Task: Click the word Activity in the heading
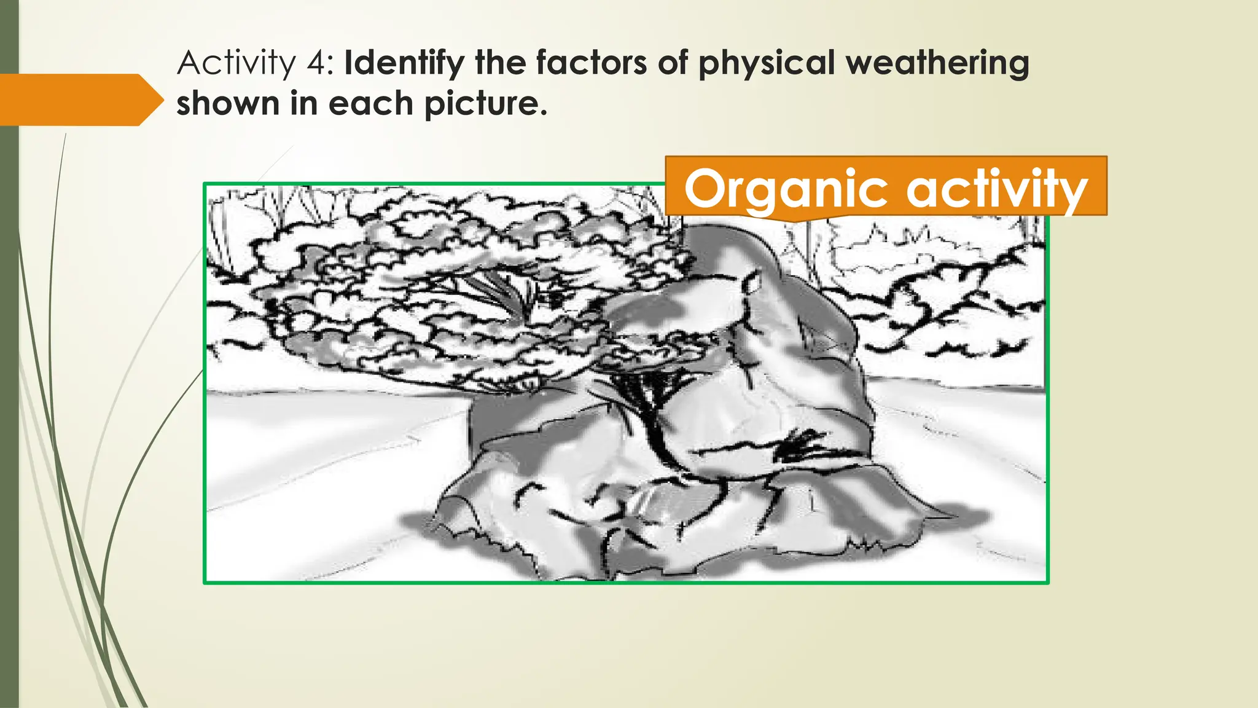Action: pyautogui.click(x=236, y=63)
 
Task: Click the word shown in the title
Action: pyautogui.click(x=227, y=103)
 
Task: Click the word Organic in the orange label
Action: pyautogui.click(x=786, y=189)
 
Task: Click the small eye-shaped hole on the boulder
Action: pyautogui.click(x=752, y=283)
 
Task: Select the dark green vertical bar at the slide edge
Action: pyautogui.click(x=9, y=369)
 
